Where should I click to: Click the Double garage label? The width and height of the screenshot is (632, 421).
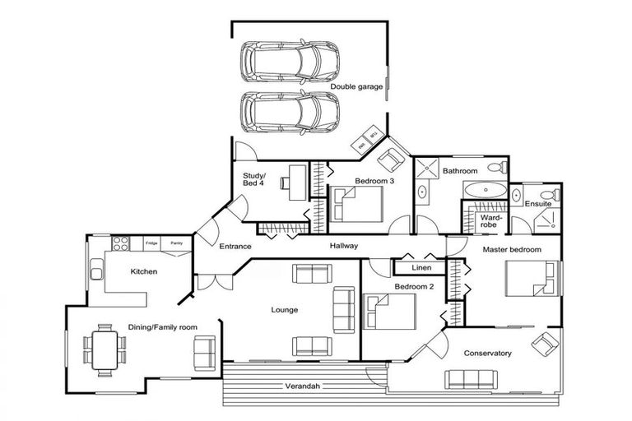356,86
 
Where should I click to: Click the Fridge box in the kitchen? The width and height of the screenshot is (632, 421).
151,243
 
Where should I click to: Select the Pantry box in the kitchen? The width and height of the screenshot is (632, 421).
175,243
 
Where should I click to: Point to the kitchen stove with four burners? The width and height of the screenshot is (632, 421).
119,244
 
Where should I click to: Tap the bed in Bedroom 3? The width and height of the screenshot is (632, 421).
359,203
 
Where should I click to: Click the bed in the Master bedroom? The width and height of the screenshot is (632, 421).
533,279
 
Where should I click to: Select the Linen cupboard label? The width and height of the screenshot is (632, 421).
422,268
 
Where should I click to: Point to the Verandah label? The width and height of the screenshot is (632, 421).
301,386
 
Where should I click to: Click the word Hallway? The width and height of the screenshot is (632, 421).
343,246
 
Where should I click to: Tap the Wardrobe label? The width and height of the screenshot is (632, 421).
481,220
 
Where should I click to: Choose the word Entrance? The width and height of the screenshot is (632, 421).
235,247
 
